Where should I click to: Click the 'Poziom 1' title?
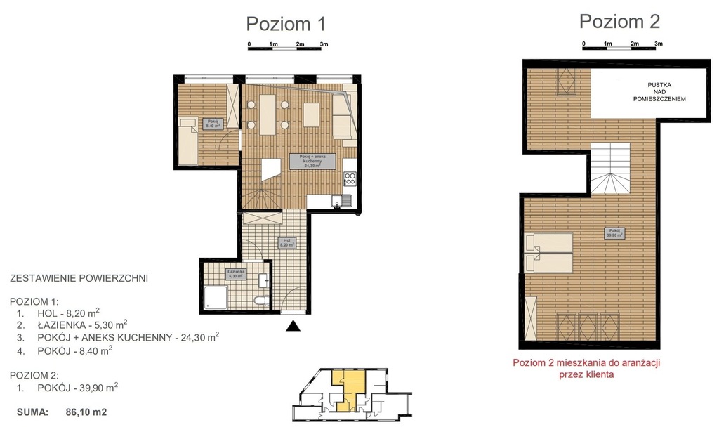tap(286, 24)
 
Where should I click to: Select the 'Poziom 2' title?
tap(619, 21)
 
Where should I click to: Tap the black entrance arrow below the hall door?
tap(293, 325)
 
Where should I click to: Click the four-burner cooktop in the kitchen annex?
tap(350, 179)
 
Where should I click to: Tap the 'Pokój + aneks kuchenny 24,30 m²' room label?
tap(312, 161)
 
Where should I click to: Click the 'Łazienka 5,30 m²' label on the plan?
tap(235, 275)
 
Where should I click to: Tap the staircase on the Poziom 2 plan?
tap(611, 169)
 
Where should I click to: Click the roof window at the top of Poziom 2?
tap(565, 81)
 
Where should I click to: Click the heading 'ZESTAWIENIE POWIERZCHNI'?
tap(79, 278)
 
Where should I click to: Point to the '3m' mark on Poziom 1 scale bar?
tap(324, 44)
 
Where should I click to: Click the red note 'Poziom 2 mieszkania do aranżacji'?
tap(587, 363)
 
